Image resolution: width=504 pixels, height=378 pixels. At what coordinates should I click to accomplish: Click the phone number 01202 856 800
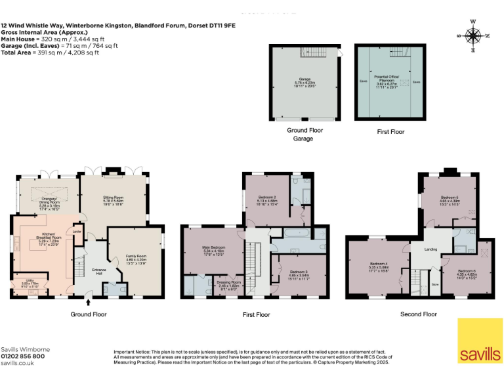(x=23, y=356)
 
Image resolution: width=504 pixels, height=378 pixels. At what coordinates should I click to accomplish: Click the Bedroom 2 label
(x=266, y=197)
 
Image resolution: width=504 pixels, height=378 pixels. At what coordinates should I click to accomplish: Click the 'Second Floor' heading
(x=418, y=314)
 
